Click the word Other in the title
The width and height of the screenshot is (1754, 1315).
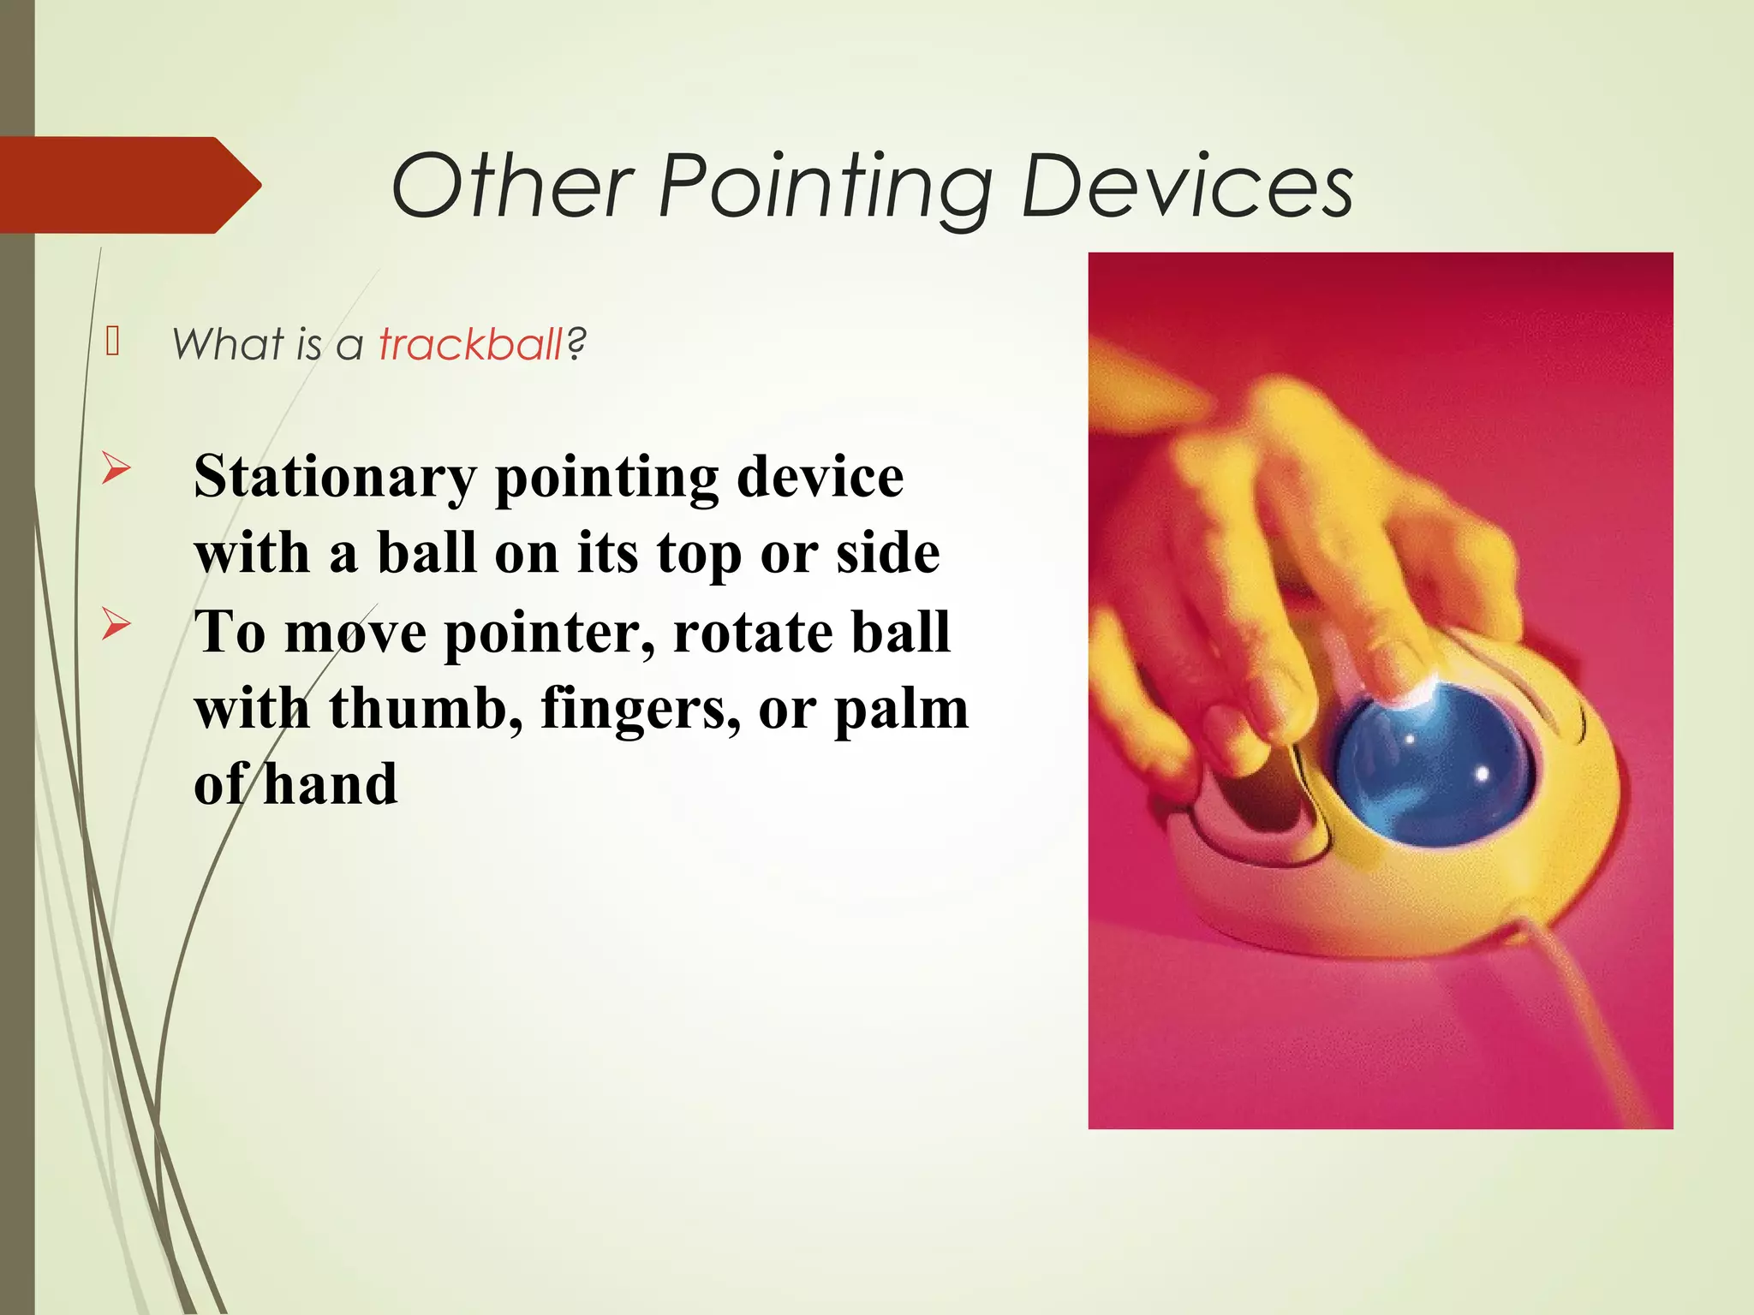tap(511, 186)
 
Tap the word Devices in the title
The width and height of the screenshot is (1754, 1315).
tap(1187, 186)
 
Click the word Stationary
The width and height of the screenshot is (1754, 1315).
tap(335, 476)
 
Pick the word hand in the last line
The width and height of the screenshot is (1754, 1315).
tap(330, 784)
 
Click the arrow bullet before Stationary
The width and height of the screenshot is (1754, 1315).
tap(116, 468)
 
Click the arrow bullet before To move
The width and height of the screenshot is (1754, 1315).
tap(116, 624)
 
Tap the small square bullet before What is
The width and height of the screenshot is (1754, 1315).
tap(112, 341)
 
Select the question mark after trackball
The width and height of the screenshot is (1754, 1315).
tap(576, 344)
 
